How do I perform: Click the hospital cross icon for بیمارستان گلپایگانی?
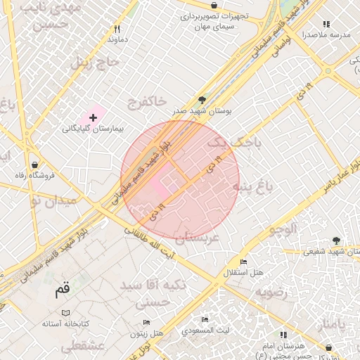tap(93, 116)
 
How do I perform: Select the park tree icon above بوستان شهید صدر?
tap(202, 100)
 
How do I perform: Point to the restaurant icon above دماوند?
tap(117, 30)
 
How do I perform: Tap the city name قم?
tap(63, 289)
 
